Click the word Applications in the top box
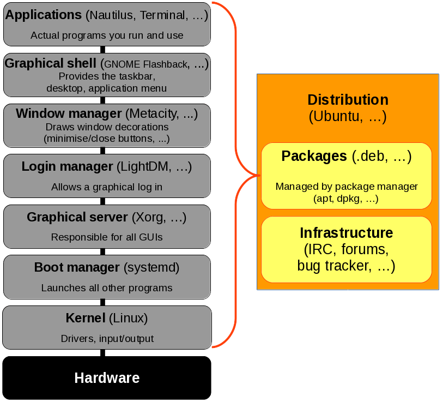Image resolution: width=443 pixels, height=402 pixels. coord(44,15)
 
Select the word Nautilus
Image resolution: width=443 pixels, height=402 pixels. coord(112,15)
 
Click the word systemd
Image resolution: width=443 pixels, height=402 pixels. coord(151,268)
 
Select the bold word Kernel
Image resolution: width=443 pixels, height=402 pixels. coord(85,318)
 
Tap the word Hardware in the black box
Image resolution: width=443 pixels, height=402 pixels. coord(107,378)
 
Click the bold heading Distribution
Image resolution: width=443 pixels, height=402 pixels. coord(348,100)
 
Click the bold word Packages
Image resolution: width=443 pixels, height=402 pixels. coord(314,157)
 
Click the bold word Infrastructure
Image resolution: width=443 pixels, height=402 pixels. coord(347,233)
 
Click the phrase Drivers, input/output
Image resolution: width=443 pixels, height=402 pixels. coord(107,339)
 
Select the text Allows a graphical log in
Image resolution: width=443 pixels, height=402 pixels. coord(107,187)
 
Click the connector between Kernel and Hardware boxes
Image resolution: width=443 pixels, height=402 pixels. coord(102,353)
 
